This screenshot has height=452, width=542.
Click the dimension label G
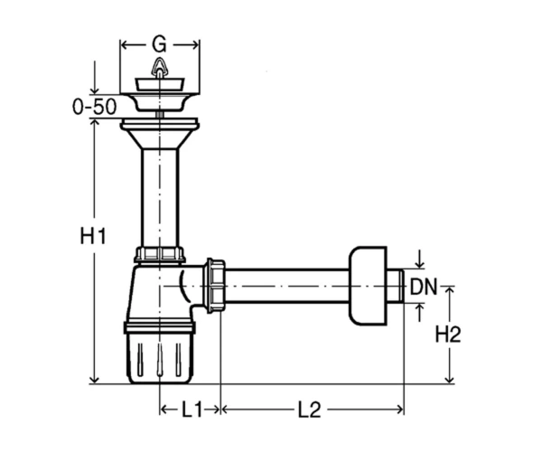tap(159, 44)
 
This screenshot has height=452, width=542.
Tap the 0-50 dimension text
tap(94, 107)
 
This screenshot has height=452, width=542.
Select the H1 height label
tap(93, 236)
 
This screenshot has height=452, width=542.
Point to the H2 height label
tap(448, 334)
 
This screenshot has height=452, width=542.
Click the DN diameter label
tap(424, 287)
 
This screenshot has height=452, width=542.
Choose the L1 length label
tap(192, 410)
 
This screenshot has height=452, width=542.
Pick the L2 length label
tap(310, 410)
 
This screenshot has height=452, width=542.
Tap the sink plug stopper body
tap(159, 85)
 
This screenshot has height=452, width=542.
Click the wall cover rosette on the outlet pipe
tap(368, 286)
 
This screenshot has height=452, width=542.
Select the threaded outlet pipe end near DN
tap(396, 287)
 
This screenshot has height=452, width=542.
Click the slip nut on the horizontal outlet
tap(215, 286)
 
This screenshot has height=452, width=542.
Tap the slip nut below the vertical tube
tap(159, 254)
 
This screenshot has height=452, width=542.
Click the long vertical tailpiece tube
tap(160, 197)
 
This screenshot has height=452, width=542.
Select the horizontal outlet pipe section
tap(287, 286)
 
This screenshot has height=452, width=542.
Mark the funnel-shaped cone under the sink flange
tap(160, 139)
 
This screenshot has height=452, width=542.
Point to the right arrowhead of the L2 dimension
tap(399, 410)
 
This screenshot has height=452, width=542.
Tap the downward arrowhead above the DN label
tap(419, 264)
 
